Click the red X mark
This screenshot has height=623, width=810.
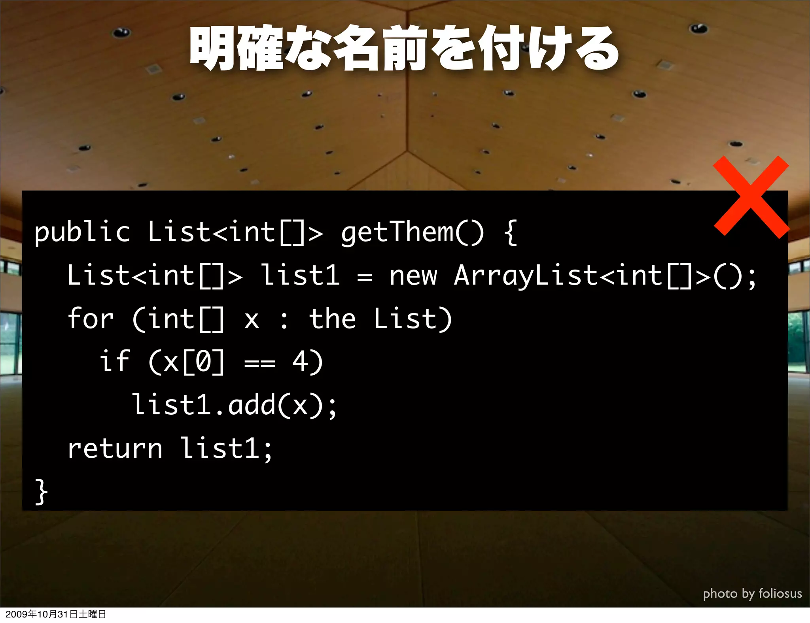pos(751,197)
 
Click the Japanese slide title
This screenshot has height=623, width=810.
pos(404,49)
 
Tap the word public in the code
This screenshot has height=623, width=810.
pos(82,232)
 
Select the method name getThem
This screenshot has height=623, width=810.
pos(397,232)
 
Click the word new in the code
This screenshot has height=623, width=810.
pos(413,276)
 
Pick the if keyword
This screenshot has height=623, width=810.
pos(115,361)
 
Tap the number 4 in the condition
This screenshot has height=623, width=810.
pos(301,361)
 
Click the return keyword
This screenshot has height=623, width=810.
pos(115,449)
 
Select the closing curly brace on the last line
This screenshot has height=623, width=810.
pos(41,492)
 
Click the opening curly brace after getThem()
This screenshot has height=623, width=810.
pos(511,232)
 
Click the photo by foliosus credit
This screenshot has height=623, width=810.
pos(752,593)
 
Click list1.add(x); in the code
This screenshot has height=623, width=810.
pos(234,405)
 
